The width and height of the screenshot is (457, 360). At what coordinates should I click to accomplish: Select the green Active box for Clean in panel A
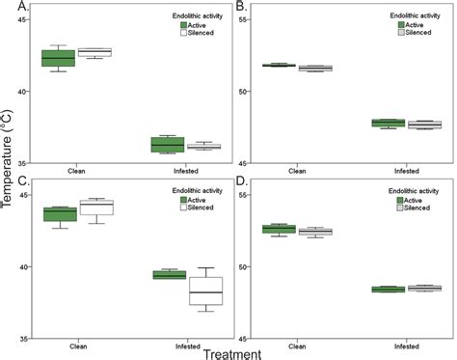pyautogui.click(x=59, y=58)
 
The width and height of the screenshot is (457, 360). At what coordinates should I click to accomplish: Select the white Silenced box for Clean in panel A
pyautogui.click(x=94, y=52)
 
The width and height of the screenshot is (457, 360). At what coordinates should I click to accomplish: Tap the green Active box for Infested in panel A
pyautogui.click(x=168, y=145)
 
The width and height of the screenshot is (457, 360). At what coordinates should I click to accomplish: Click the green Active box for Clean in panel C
pyautogui.click(x=59, y=214)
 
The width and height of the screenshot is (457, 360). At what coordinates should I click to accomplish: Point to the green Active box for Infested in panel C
pyautogui.click(x=168, y=275)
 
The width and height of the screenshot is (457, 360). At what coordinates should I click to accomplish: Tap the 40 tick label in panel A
pyautogui.click(x=24, y=91)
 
